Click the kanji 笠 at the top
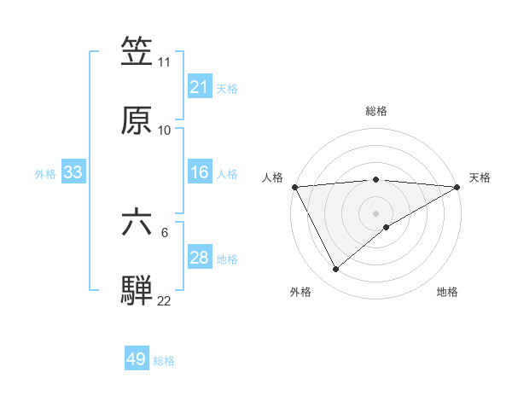pyautogui.click(x=137, y=52)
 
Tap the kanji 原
pyautogui.click(x=137, y=120)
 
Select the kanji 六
pyautogui.click(x=137, y=221)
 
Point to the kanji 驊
pyautogui.click(x=137, y=289)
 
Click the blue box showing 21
pyautogui.click(x=199, y=87)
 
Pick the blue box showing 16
pyautogui.click(x=199, y=172)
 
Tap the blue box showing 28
pyautogui.click(x=199, y=258)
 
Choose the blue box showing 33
pyautogui.click(x=73, y=172)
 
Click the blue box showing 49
pyautogui.click(x=137, y=359)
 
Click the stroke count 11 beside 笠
pyautogui.click(x=165, y=62)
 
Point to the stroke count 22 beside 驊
pyautogui.click(x=165, y=300)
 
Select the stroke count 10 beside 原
pyautogui.click(x=165, y=131)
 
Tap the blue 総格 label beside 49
pyautogui.click(x=164, y=361)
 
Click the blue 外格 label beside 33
pyautogui.click(x=45, y=173)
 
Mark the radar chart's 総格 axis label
pyautogui.click(x=376, y=111)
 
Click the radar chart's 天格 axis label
pyautogui.click(x=480, y=177)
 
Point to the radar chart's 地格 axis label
pyautogui.click(x=447, y=292)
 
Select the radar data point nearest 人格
pyautogui.click(x=294, y=186)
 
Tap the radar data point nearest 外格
pyautogui.click(x=335, y=270)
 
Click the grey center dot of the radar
pyautogui.click(x=375, y=212)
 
